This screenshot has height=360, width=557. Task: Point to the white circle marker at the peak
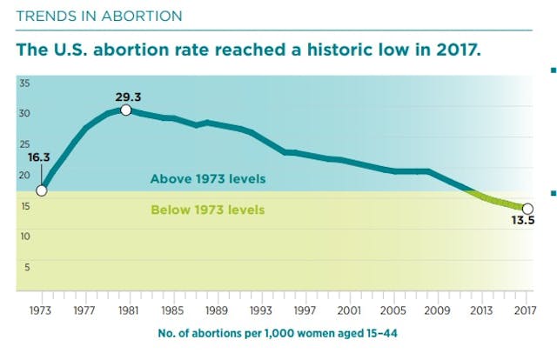click(x=127, y=110)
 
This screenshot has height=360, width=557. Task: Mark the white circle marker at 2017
click(x=527, y=208)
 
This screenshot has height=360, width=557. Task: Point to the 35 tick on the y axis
click(x=25, y=83)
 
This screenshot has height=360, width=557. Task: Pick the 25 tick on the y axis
click(x=25, y=144)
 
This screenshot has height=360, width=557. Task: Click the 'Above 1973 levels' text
click(x=207, y=179)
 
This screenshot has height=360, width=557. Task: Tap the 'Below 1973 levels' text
click(x=207, y=210)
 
